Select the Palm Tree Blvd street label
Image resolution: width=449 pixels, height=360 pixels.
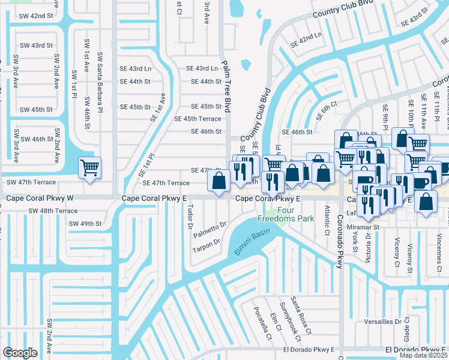[226, 86]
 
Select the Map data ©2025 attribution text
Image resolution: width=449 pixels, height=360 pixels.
[423, 355]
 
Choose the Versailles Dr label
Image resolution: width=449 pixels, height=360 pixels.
[398, 322]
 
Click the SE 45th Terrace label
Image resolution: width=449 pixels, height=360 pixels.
[197, 119]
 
